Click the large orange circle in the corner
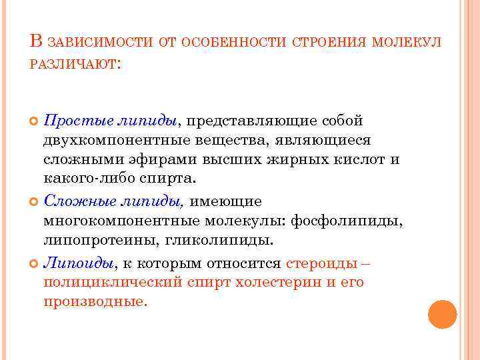coord(442,314)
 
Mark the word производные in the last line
coord(93,301)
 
